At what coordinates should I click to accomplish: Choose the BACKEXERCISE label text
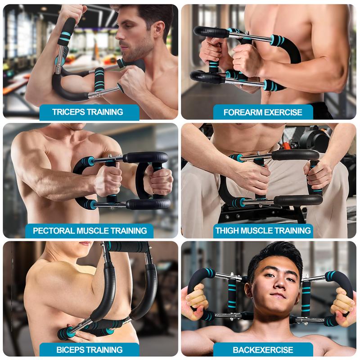click(x=263, y=350)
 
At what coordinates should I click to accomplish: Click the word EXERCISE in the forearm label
click(x=282, y=112)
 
